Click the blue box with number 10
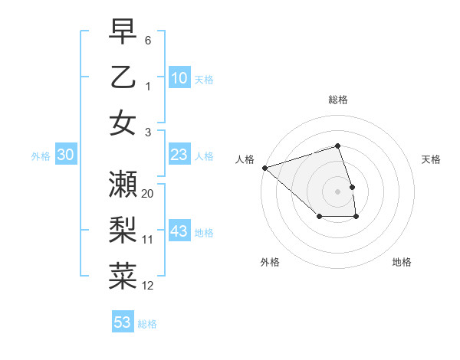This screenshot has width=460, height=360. coord(179,77)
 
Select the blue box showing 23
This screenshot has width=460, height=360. coord(179,155)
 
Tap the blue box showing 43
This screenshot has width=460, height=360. coord(179,231)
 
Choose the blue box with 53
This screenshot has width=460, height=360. coord(123,322)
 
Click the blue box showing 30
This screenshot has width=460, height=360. coord(66,155)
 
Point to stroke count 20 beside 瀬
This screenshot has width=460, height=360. coord(148,193)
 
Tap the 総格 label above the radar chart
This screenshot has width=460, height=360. coord(338,100)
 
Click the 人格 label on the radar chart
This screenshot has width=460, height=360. coord(245,159)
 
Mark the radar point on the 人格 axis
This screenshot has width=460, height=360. coord(264,167)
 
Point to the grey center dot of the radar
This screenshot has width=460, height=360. coord(338,191)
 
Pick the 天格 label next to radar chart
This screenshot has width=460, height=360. coord(431,159)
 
